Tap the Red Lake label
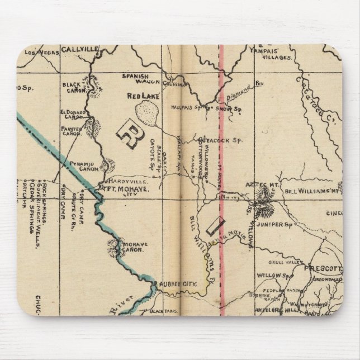[x=144, y=96]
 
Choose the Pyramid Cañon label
[x=84, y=165]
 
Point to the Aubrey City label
[x=179, y=285]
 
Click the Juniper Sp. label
[x=281, y=224]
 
